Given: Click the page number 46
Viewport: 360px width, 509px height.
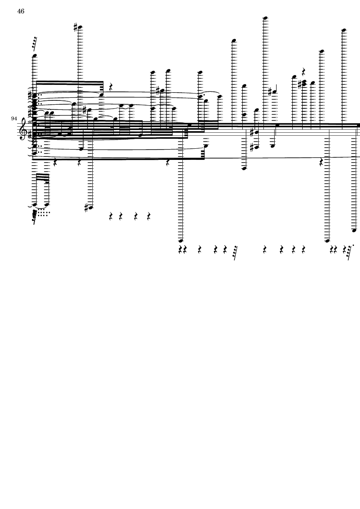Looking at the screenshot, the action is click(21, 11).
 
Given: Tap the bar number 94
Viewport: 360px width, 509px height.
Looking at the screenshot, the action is click(14, 119).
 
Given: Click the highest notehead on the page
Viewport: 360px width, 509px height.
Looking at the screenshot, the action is click(265, 18).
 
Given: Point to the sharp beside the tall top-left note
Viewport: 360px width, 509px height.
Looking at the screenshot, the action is click(75, 28).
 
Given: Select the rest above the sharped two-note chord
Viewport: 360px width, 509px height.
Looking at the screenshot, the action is click(304, 72).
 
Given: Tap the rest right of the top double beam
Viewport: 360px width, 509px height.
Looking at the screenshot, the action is click(111, 87).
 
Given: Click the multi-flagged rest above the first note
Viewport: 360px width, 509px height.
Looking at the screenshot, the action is click(35, 44).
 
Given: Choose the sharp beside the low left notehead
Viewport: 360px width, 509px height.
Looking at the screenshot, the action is click(86, 207).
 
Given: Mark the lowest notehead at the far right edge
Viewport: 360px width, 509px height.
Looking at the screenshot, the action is click(354, 231).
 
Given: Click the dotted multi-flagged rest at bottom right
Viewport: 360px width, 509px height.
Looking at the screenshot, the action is click(349, 252).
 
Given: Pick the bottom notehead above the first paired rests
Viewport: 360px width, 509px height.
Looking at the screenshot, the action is click(181, 241).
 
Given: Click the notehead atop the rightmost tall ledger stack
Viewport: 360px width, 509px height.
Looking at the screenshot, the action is click(344, 30).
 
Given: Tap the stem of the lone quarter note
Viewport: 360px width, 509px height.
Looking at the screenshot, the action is click(276, 88).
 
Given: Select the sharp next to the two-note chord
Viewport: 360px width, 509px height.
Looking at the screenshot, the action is click(300, 84).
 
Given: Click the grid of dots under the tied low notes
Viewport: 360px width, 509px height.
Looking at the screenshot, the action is click(43, 212).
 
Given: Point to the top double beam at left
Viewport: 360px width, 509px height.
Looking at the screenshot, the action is click(69, 82).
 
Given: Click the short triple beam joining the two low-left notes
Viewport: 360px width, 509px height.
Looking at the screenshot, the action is click(42, 177).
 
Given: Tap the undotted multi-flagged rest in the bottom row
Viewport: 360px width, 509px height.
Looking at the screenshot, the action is click(235, 252).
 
